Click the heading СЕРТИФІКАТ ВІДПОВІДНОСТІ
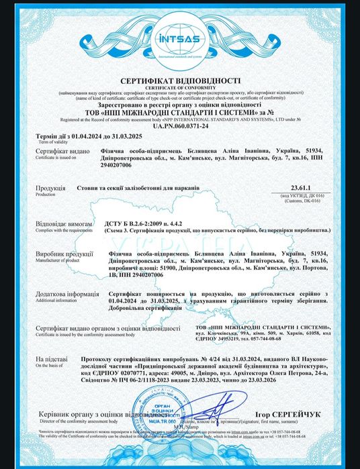[180, 80]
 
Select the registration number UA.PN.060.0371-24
[180, 125]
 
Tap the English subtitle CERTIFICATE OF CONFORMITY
[180, 86]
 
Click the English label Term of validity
[33, 143]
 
